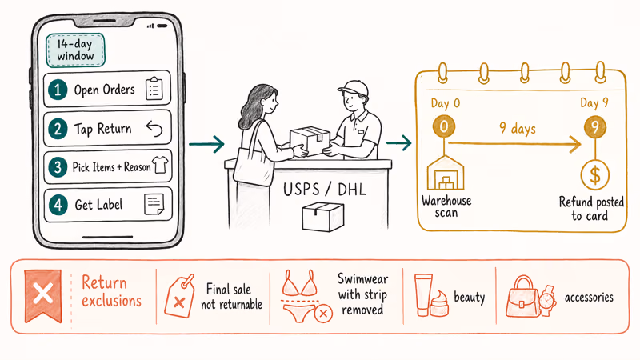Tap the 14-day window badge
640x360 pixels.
click(x=75, y=50)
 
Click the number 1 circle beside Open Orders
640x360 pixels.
click(x=58, y=90)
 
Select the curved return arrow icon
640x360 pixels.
click(x=154, y=129)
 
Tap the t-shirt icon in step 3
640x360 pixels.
click(x=159, y=166)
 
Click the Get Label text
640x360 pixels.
click(x=98, y=205)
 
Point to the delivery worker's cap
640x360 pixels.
click(x=353, y=87)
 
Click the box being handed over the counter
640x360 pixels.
click(x=310, y=141)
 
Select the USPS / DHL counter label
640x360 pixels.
click(x=325, y=190)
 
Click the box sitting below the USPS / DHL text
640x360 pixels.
click(x=323, y=217)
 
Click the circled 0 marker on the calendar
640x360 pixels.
click(x=444, y=126)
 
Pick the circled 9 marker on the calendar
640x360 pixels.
click(x=594, y=127)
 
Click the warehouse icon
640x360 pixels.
click(x=446, y=173)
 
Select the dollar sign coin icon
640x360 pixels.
click(x=595, y=175)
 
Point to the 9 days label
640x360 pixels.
click(x=518, y=129)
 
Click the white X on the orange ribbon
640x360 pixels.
click(x=43, y=294)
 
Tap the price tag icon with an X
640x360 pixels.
click(x=179, y=296)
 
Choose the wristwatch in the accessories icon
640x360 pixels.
click(x=547, y=301)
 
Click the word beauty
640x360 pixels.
click(x=470, y=297)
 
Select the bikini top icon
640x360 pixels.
click(x=301, y=283)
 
